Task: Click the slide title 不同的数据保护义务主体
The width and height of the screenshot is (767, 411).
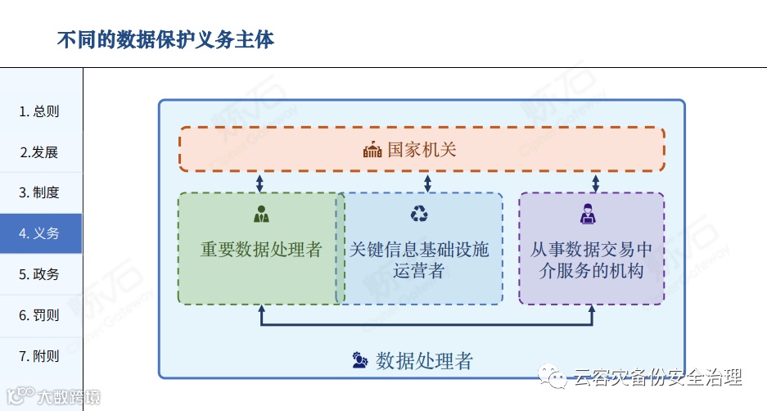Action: (165, 39)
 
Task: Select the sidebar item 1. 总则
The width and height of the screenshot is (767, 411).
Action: (39, 111)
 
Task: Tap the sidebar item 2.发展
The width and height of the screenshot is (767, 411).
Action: (39, 152)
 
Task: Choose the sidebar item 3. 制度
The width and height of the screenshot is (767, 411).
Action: (39, 192)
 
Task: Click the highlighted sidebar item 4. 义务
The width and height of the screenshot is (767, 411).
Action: (39, 233)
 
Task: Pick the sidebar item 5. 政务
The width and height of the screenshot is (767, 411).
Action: (39, 274)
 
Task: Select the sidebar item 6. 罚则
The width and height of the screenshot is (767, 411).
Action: (39, 315)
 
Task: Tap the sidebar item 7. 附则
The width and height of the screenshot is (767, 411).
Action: (39, 356)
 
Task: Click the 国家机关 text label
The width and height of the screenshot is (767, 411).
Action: (422, 150)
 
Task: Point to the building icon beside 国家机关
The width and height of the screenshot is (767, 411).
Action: (372, 150)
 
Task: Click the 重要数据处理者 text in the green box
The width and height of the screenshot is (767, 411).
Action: (261, 250)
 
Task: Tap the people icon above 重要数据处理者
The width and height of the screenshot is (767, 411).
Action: (261, 215)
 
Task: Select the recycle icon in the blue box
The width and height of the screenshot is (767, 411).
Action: (419, 215)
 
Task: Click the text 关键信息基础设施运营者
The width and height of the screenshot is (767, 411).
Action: (419, 260)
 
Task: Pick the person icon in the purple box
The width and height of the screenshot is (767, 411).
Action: (588, 215)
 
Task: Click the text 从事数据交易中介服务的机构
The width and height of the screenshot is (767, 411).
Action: (592, 260)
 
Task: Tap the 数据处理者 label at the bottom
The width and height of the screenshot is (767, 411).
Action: (424, 361)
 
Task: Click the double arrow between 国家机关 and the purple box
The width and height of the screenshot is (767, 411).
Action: (595, 183)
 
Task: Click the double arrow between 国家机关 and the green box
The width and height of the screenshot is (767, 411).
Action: (259, 183)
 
